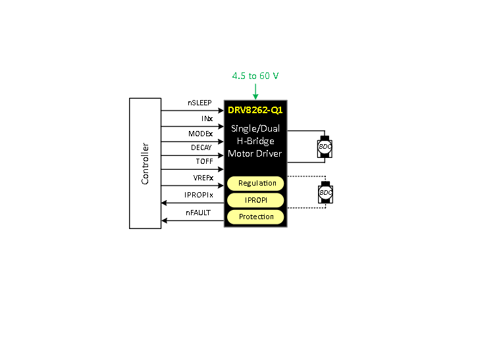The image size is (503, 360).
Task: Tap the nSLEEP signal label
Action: pos(199,103)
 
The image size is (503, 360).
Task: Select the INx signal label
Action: pos(207,118)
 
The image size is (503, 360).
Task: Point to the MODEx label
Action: pos(201,134)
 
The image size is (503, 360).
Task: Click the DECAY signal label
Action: pos(201,147)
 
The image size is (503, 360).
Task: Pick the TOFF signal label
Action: pos(204,161)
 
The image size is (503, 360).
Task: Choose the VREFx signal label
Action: pos(203,178)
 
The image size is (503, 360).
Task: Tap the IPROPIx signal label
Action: pos(199,195)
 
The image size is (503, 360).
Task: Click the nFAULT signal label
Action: pos(198,213)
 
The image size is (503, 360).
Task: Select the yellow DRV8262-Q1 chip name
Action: pos(255,110)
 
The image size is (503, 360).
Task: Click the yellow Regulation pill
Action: pos(255,184)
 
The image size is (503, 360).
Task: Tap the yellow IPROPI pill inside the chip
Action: pos(255,200)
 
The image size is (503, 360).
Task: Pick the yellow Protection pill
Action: pos(255,217)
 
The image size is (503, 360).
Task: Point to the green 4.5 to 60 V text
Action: pos(255,76)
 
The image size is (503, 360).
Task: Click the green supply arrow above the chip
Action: pos(255,91)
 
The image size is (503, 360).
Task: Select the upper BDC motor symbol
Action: pos(325,147)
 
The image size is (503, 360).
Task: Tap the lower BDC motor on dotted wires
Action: pos(325,192)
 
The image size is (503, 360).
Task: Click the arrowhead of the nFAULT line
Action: pos(164,220)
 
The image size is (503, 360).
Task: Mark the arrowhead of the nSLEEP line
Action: pos(221,111)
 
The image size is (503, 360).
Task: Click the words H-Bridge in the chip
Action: pos(255,141)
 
